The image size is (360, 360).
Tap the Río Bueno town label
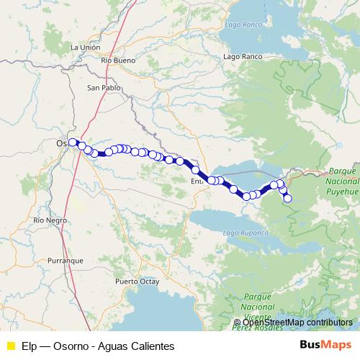pyautogui.click(x=119, y=60)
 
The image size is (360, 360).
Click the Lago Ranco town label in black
pyautogui.click(x=243, y=56)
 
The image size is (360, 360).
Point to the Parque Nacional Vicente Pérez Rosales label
pyautogui.click(x=258, y=307)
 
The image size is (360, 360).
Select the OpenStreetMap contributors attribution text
pyautogui.click(x=297, y=323)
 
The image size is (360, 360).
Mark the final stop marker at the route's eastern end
pyautogui.click(x=288, y=199)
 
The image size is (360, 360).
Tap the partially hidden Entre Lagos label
pyautogui.click(x=198, y=182)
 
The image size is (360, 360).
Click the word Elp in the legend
pyautogui.click(x=30, y=345)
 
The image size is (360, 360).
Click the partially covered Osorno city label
pyautogui.click(x=62, y=143)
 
